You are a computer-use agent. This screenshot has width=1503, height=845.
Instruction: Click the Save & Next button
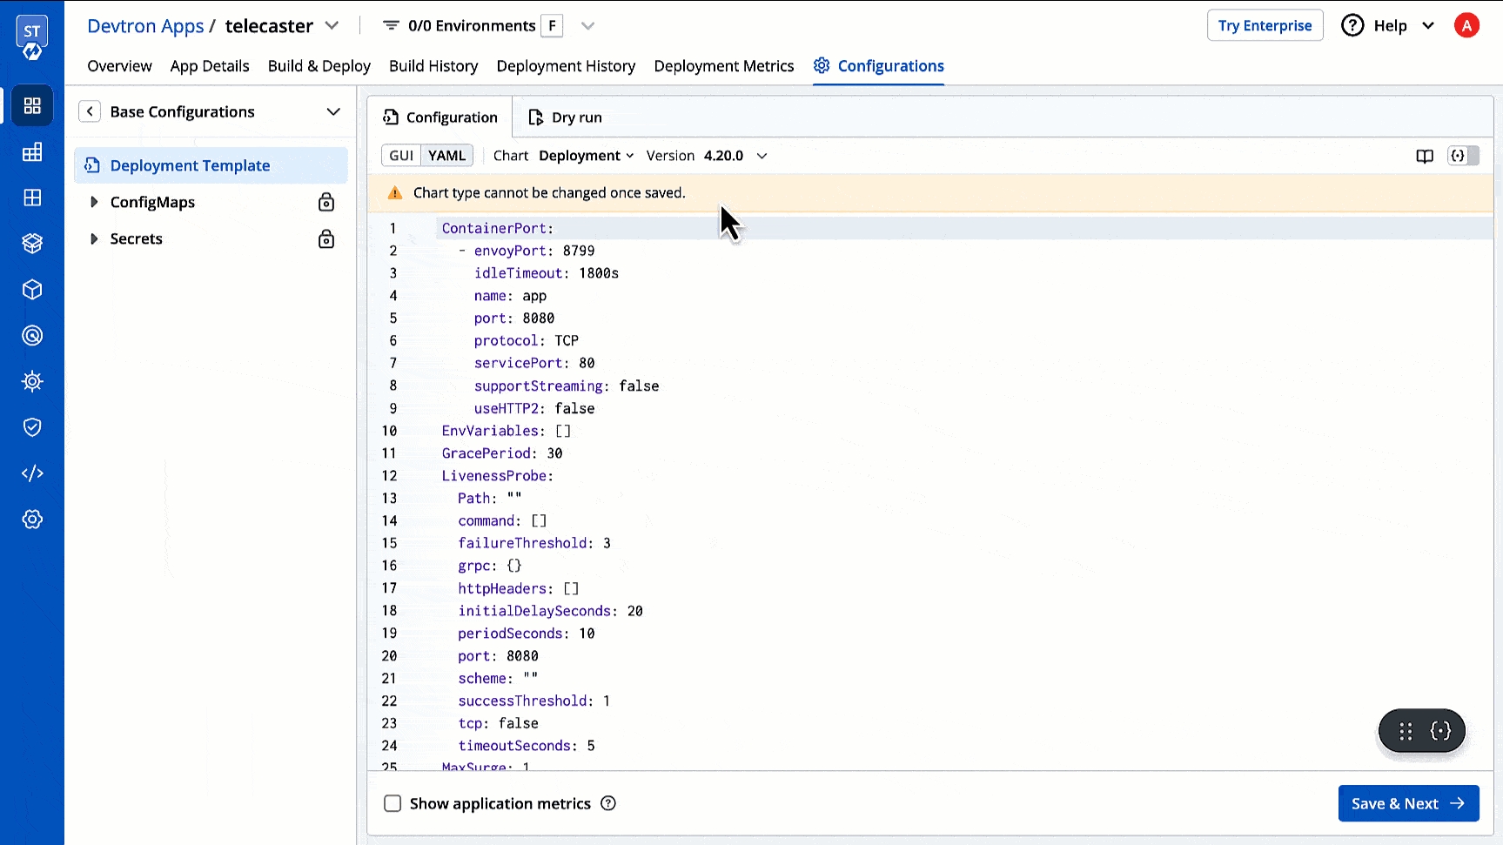point(1408,803)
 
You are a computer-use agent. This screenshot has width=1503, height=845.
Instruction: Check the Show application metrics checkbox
point(393,803)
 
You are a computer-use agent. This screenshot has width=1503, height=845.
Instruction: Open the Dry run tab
point(566,117)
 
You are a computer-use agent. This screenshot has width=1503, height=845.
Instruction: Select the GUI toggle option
point(401,156)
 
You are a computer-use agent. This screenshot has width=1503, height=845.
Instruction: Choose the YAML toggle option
point(446,156)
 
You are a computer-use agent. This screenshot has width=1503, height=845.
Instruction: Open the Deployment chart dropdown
point(586,156)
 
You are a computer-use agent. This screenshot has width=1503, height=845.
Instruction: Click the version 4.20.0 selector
point(735,156)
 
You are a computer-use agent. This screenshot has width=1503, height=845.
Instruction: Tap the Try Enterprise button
point(1265,25)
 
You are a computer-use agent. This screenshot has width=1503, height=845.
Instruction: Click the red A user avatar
point(1466,25)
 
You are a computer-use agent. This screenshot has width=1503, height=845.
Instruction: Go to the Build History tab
point(433,66)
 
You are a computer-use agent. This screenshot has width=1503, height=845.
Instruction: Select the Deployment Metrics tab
point(724,66)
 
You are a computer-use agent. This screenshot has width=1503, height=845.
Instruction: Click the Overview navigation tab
point(119,66)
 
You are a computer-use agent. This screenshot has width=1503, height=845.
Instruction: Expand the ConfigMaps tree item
point(94,202)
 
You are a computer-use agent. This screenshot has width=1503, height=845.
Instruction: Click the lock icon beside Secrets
point(326,238)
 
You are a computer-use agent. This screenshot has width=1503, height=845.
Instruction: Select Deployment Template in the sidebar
point(190,165)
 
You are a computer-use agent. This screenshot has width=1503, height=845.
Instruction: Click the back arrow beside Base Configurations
point(90,111)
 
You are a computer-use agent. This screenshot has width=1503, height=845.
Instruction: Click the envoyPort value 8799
point(579,251)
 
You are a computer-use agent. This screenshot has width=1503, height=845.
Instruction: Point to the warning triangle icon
point(395,192)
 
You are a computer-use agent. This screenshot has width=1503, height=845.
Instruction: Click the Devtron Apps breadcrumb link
point(145,26)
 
